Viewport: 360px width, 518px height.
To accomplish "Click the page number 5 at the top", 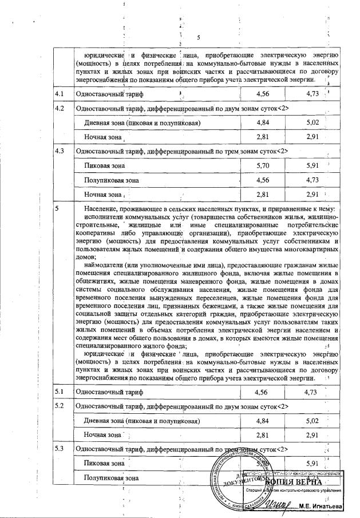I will (x=199, y=38).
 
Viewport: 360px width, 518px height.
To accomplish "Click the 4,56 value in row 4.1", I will (x=263, y=93).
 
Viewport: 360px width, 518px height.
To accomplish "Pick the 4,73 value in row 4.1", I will (x=312, y=93).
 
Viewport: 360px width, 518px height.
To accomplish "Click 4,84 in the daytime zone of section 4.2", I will (x=263, y=123).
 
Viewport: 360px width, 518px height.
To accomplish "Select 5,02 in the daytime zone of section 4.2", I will (x=312, y=123).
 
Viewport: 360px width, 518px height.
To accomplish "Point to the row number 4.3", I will (x=59, y=152).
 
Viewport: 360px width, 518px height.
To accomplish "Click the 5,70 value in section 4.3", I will (x=263, y=166).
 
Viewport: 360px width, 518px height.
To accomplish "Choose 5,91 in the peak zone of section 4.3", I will (x=312, y=166).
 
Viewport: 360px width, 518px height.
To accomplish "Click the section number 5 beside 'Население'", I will (x=57, y=209).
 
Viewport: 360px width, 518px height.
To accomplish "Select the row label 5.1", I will (x=59, y=392).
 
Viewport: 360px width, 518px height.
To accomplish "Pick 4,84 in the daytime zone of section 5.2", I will (x=263, y=421).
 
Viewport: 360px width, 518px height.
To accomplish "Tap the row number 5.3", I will (x=59, y=448).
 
